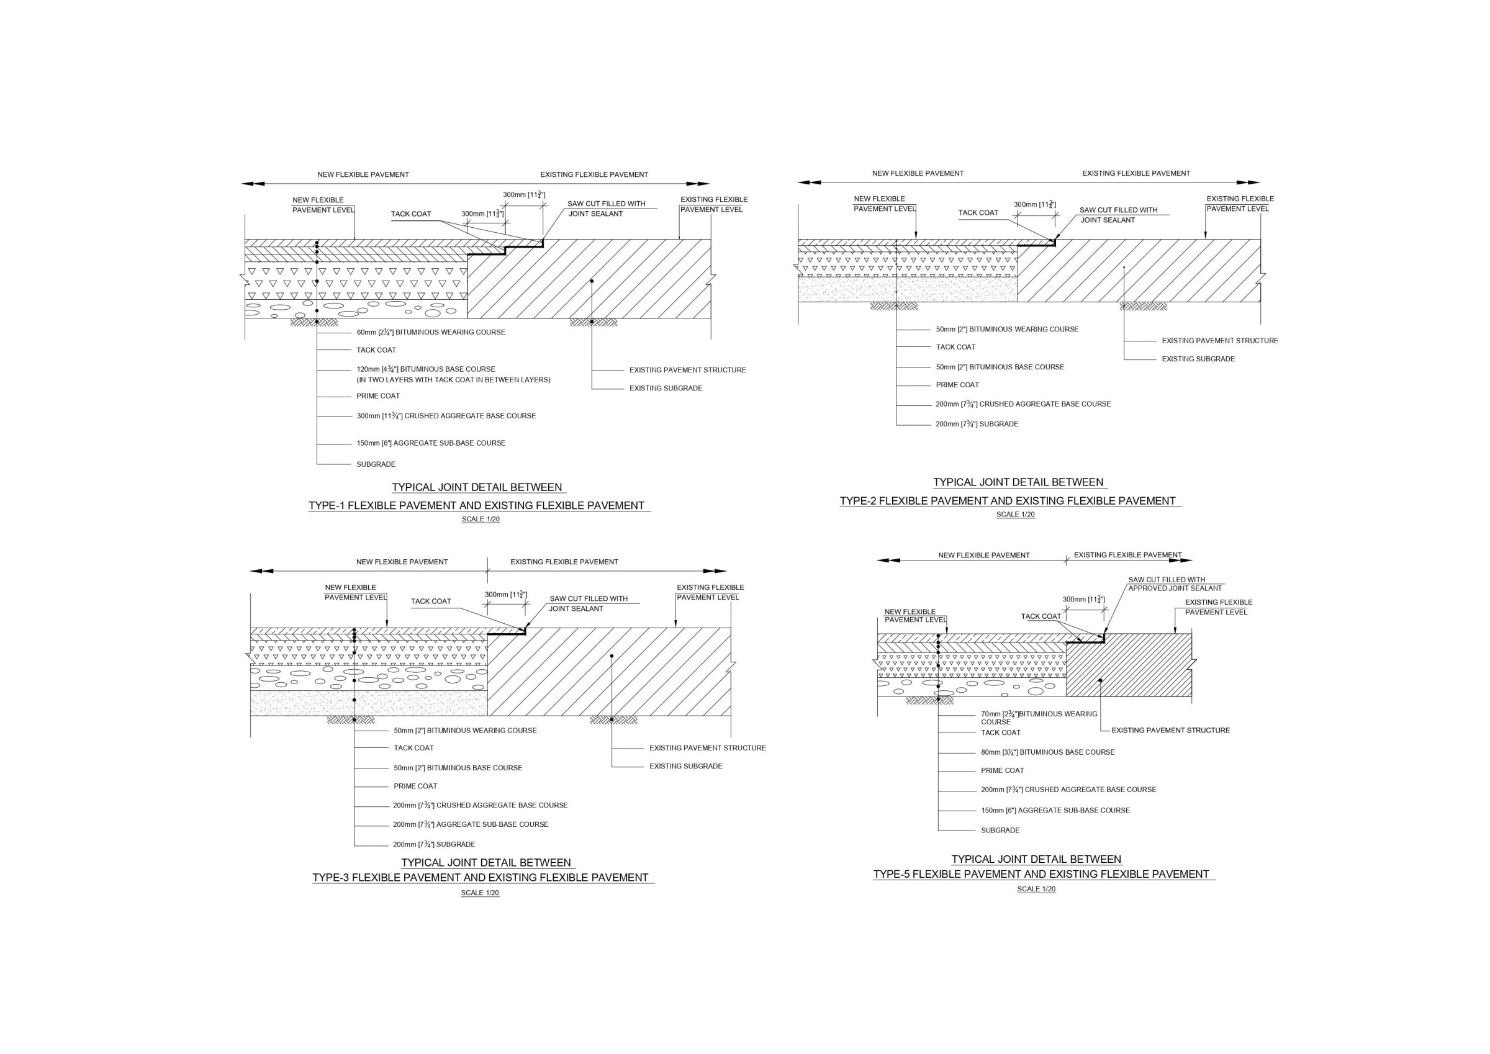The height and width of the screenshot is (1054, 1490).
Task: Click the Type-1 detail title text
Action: (476, 505)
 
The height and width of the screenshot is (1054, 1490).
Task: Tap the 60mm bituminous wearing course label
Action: (430, 332)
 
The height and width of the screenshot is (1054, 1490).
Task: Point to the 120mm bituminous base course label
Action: (426, 369)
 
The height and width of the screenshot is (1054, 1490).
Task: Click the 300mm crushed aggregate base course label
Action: (446, 416)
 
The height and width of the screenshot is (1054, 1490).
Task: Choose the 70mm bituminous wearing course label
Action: (1038, 714)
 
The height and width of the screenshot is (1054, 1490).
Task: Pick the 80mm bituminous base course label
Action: (1047, 752)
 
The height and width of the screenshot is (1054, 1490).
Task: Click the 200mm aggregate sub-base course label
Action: (470, 824)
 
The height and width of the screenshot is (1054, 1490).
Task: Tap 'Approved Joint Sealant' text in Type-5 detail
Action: (1175, 588)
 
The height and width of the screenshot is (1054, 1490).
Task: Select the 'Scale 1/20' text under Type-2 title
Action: (1016, 515)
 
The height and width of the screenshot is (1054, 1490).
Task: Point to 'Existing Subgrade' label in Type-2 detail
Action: (1198, 359)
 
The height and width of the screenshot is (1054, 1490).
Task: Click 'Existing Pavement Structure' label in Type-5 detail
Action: (1171, 730)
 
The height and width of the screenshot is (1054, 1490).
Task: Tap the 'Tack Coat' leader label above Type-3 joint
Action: (431, 601)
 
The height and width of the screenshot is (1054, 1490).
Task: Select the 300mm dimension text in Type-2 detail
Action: (1034, 204)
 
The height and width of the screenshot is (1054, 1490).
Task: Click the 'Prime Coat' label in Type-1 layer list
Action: (377, 396)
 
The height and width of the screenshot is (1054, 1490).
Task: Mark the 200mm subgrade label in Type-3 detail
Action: (433, 844)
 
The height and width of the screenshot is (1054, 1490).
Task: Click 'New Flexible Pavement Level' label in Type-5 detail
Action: (915, 616)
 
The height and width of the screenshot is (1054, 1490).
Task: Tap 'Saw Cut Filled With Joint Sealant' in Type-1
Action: (605, 209)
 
